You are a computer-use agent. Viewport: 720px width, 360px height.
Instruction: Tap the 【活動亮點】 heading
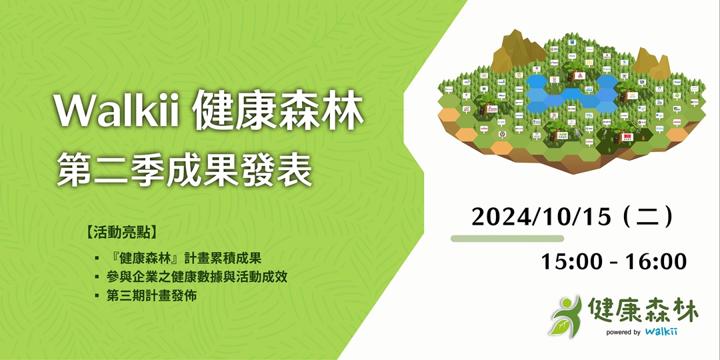tap(122, 233)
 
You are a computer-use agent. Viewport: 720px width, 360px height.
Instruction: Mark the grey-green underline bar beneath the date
tap(507, 238)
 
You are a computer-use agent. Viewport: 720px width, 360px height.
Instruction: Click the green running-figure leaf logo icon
tap(565, 316)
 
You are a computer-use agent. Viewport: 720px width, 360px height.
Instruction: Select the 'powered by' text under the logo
tap(623, 332)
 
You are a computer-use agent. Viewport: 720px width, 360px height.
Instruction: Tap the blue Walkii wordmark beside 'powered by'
tap(661, 331)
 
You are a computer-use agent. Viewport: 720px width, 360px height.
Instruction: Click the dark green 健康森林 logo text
tap(643, 309)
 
